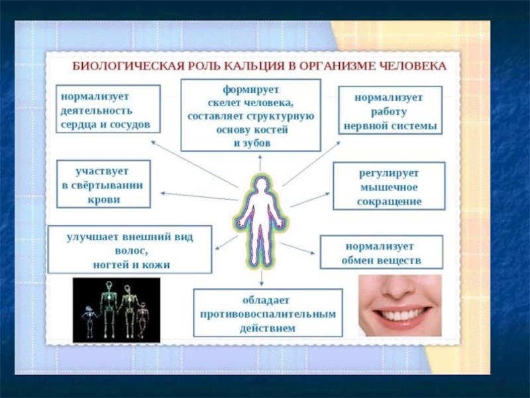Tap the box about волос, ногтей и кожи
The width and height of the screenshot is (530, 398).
click(x=129, y=249)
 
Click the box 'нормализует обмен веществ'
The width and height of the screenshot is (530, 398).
click(x=381, y=252)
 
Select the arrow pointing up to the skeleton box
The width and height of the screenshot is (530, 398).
click(x=260, y=163)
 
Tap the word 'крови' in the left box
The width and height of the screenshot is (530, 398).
click(x=103, y=198)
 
